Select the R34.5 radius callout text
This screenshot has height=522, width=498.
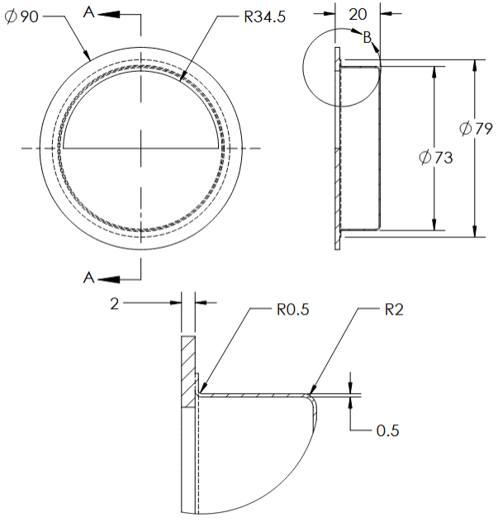click(265, 17)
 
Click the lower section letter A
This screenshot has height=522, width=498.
click(90, 278)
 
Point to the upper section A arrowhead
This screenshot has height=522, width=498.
click(111, 14)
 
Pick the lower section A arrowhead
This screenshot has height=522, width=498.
click(111, 278)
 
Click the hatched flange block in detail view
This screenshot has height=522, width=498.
click(187, 372)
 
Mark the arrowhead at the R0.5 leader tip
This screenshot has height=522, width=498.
click(200, 391)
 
